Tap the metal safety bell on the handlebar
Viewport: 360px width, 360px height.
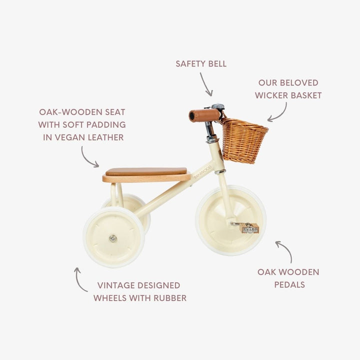(x=217, y=107)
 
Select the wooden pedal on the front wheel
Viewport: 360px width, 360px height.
(x=249, y=228)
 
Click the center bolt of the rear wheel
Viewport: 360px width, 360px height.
(x=112, y=238)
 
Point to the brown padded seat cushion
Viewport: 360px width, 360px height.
(x=146, y=171)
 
